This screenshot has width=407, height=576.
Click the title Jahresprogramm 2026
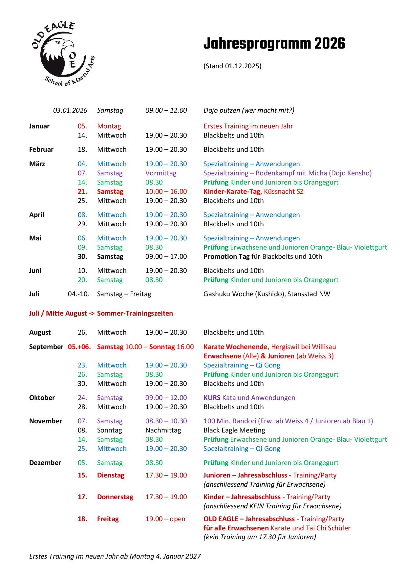point(274,44)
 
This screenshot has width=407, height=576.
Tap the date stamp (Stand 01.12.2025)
point(232,66)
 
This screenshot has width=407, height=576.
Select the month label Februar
point(41,149)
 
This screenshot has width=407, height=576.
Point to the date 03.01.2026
point(70,110)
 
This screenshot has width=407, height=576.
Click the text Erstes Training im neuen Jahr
point(248,126)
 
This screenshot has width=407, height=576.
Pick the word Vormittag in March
point(161,173)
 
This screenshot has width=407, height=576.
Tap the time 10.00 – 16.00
point(166,191)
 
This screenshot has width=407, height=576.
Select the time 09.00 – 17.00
point(166,256)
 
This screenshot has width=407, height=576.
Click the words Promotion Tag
point(226,256)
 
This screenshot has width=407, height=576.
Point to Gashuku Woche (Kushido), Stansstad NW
point(267,294)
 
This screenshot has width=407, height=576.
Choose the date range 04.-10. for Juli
point(78,294)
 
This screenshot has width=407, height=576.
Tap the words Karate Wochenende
point(235,347)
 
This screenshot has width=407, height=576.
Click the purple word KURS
point(212,398)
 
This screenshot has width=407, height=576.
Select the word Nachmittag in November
point(163,430)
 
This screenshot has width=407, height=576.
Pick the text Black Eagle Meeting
point(234,430)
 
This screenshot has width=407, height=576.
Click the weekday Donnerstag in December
point(115,497)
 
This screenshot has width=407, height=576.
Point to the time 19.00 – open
point(165,519)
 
